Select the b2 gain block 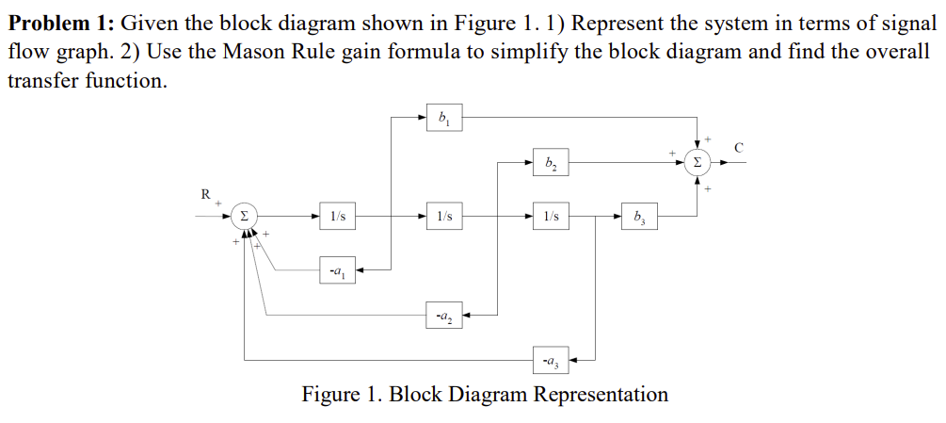tap(551, 162)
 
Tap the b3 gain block tap(640, 218)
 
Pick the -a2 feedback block tap(442, 315)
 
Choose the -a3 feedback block tap(551, 359)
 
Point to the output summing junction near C tap(697, 162)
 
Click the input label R tap(205, 195)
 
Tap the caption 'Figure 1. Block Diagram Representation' tap(485, 394)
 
